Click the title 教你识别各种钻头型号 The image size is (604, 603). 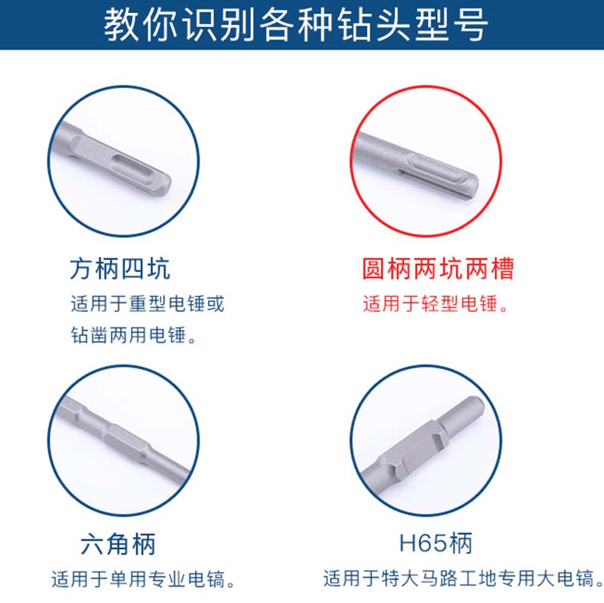296,24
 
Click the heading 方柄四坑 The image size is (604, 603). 120,268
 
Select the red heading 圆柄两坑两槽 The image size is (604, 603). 438,268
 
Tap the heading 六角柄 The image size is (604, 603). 118,543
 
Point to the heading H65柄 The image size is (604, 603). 436,543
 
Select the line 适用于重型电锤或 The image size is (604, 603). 147,303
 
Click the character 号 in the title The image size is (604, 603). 470,24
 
